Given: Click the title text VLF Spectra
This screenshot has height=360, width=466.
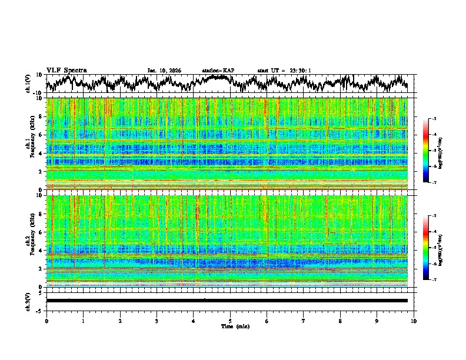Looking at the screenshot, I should [x=66, y=70].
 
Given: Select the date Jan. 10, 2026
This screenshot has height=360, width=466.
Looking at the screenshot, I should [x=164, y=71].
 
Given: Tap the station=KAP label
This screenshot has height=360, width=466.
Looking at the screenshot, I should [x=218, y=71].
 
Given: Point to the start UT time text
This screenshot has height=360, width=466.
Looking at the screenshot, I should [x=284, y=71].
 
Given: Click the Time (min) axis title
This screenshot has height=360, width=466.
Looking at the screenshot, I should [x=235, y=326].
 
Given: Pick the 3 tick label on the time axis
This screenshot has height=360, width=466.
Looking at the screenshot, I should [x=157, y=321].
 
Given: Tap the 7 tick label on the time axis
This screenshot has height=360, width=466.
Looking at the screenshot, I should [x=304, y=321].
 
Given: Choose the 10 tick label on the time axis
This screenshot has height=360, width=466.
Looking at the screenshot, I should [x=414, y=321].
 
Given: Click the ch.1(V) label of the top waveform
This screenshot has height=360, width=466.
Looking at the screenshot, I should [x=28, y=84].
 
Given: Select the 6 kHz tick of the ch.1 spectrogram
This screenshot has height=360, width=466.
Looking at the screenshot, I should [x=42, y=135].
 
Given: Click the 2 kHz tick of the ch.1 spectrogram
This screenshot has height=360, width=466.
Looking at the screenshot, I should [x=42, y=171].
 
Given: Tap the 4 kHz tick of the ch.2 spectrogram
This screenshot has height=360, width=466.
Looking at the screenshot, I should [x=42, y=250].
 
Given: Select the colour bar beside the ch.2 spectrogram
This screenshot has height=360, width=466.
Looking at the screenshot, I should [x=427, y=248].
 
